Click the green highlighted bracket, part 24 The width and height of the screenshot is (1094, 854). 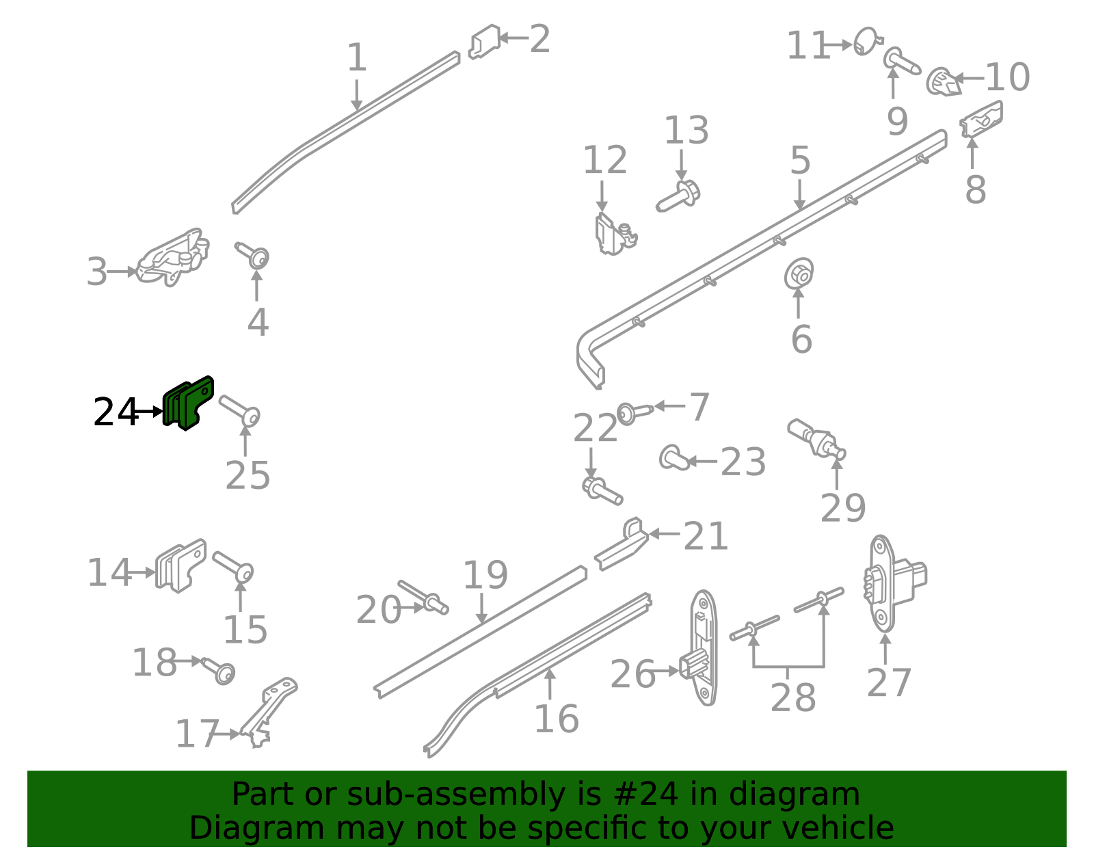coord(188,403)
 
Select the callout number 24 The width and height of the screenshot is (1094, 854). coord(116,412)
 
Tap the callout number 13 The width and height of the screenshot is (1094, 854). coord(686,131)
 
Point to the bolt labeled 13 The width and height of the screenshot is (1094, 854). coord(679,196)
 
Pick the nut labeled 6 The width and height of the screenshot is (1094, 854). coord(799,273)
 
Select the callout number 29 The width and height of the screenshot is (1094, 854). coord(843,508)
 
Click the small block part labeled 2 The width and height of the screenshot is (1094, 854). coord(485,41)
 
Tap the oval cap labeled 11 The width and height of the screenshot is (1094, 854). coord(867,41)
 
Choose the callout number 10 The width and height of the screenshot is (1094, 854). coord(1007,77)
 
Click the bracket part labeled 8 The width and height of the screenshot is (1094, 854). coord(980,119)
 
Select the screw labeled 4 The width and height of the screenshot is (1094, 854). coord(253,256)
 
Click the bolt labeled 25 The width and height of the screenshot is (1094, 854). coord(239,411)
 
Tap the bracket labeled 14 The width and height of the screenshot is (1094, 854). coord(181,565)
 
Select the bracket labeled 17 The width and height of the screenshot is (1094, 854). coord(267,712)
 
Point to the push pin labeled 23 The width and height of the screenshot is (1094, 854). coord(674,457)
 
